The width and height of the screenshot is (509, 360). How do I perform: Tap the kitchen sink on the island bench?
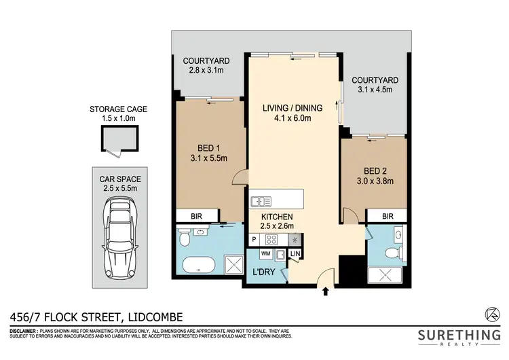click(261, 201)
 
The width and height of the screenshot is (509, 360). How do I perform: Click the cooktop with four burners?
click(271, 239)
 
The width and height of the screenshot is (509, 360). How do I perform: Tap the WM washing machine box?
click(265, 254)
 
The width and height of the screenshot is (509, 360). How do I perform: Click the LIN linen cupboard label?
click(295, 254)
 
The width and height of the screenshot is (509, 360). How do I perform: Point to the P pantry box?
click(254, 239)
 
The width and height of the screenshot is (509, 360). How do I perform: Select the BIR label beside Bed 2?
click(388, 217)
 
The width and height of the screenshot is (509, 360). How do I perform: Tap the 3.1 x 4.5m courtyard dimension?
click(375, 91)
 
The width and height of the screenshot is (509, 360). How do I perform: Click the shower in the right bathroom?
click(385, 275)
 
